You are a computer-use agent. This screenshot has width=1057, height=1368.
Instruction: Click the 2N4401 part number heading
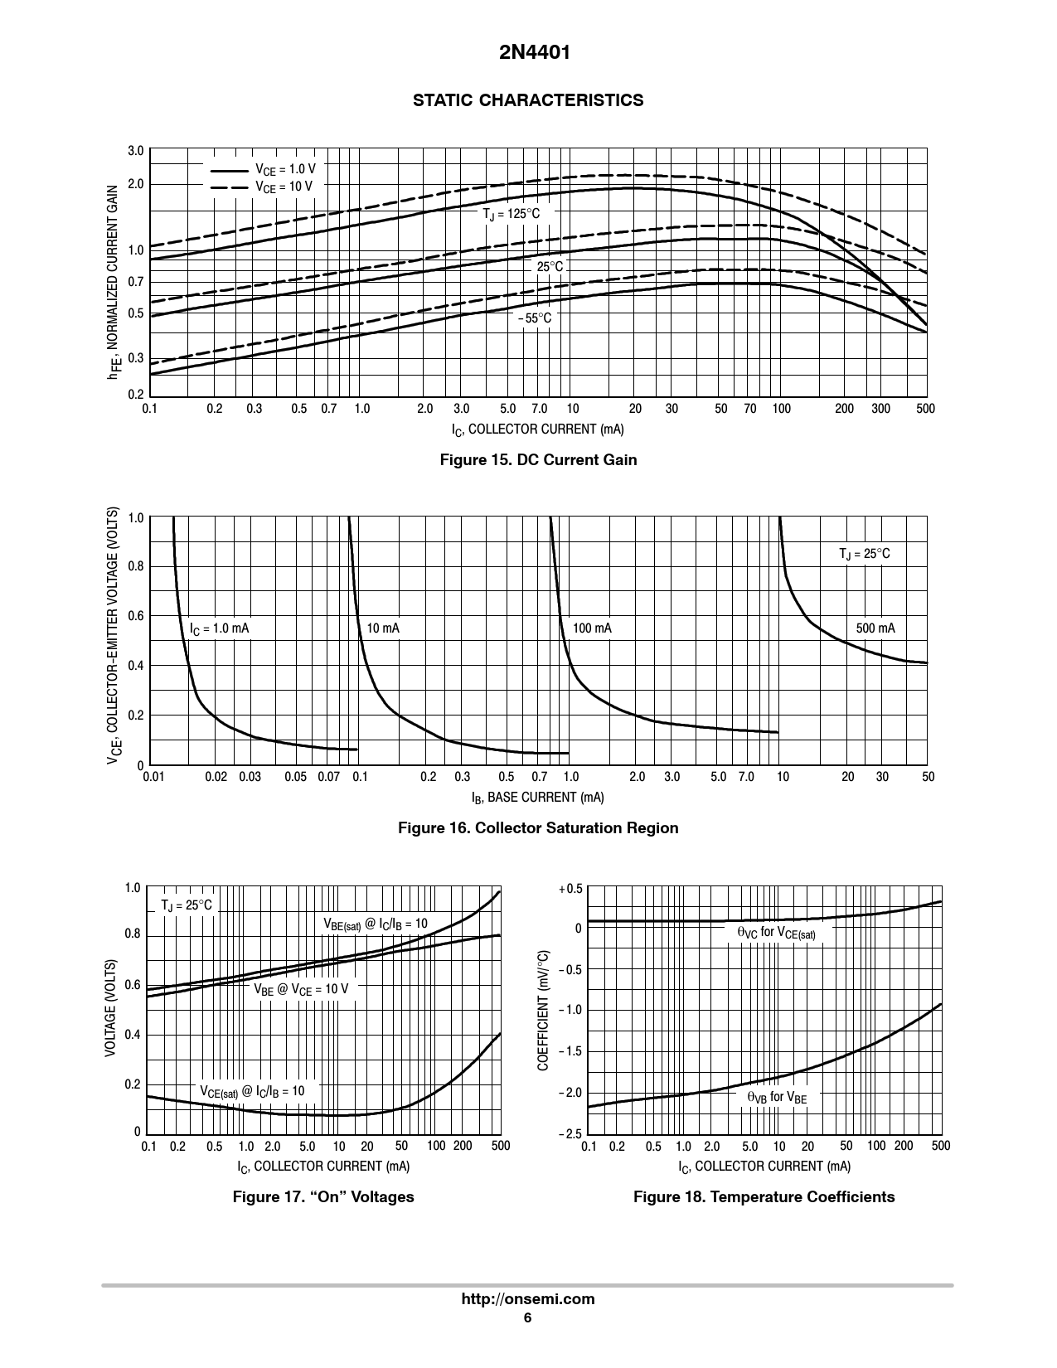coord(527,53)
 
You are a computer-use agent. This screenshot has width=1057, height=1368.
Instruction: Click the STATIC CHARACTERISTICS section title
coord(528,100)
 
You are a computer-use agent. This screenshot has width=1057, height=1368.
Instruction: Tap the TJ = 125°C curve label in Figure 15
coord(512,214)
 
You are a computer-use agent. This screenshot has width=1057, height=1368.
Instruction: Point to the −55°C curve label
coord(534,318)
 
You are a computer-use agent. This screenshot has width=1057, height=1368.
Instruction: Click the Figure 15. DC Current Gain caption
coord(538,459)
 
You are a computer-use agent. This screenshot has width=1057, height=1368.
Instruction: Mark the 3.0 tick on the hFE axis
coord(136,151)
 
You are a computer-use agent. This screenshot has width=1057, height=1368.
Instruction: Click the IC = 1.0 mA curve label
coord(220,628)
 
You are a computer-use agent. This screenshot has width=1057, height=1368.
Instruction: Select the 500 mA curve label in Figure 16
coord(875,628)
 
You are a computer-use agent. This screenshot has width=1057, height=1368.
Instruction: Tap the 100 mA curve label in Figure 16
coord(592,628)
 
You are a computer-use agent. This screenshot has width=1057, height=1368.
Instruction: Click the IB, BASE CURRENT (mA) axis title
coord(537,798)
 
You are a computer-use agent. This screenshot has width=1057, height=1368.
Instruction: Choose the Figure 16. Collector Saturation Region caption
coord(538,828)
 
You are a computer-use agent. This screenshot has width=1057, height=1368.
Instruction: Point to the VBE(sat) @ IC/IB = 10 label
coord(376,924)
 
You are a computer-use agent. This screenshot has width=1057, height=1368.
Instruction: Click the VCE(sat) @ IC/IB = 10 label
coord(252,1091)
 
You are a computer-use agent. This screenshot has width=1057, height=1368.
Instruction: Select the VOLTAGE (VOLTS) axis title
coord(109,1007)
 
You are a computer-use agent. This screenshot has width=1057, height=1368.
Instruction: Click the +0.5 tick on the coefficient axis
coord(571,889)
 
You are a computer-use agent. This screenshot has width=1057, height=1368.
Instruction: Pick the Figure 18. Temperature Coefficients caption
coord(764,1197)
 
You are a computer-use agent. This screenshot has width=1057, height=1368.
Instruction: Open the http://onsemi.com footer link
coord(528,1299)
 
